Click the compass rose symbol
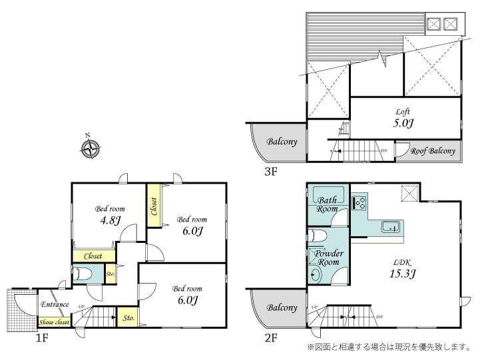pos(90,148)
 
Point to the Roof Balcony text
pos(433,151)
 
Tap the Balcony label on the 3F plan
pos(282,142)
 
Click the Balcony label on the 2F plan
pos(282,308)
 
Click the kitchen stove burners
pos(360,201)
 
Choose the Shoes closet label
pos(54,323)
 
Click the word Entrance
pos(55,305)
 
